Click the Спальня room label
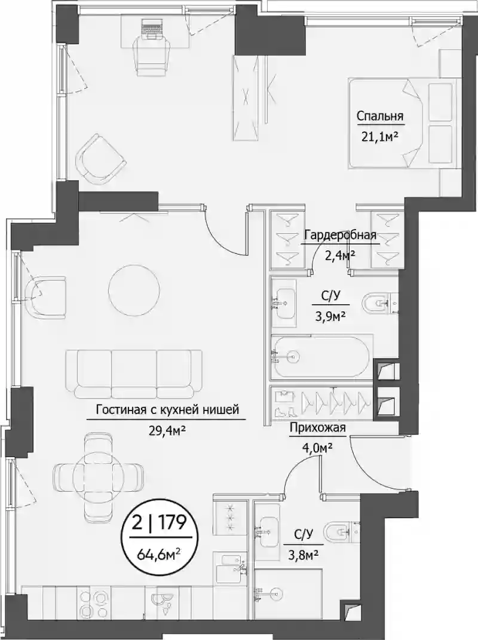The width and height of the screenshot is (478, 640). pos(380,117)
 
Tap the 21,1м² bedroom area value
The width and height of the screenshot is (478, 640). pos(379,137)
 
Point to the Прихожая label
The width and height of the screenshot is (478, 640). pos(318,428)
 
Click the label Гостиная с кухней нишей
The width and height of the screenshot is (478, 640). pos(167,409)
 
